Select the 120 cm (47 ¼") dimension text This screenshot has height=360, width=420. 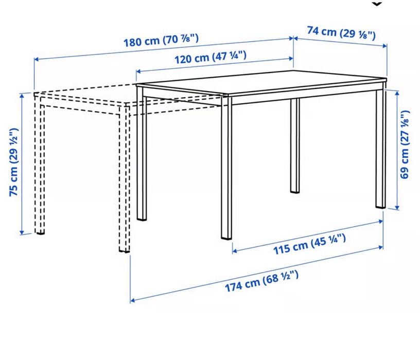pos(210,58)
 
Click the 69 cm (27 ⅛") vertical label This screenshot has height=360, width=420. pos(406,145)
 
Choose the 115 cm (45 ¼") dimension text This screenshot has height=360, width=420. pos(309,242)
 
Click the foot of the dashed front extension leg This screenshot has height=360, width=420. pos(124,250)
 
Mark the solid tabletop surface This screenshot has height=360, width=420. pos(262,82)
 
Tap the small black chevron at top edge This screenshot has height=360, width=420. pos(378,4)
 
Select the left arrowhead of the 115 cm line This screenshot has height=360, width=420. pos(235,251)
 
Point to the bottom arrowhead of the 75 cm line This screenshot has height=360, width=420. pos(22,232)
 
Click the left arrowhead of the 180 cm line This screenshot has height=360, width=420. pos(37,60)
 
